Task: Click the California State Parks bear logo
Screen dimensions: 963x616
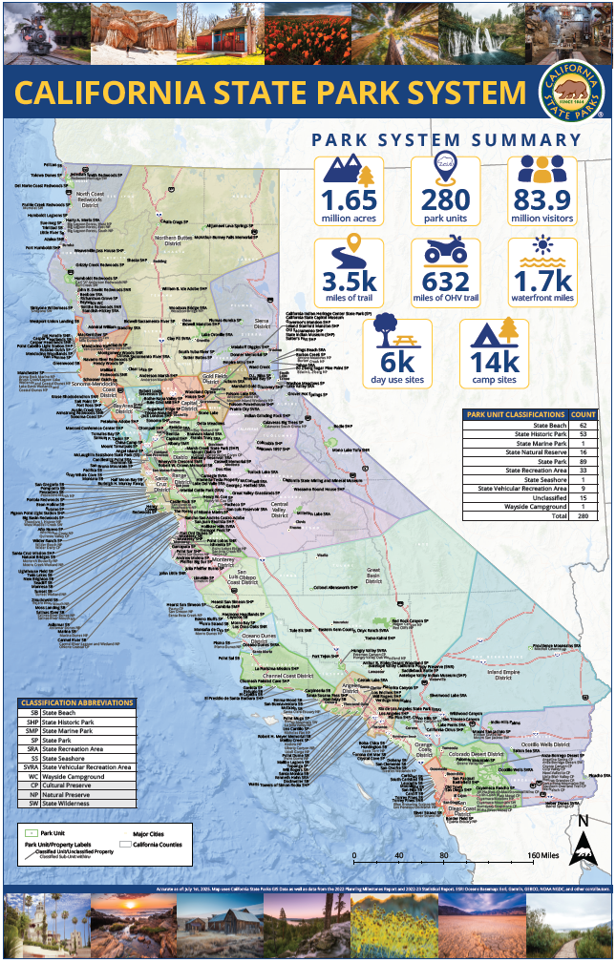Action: (571, 93)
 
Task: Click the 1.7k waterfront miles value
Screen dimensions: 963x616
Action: (542, 282)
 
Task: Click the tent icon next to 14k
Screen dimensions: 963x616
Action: (493, 334)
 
